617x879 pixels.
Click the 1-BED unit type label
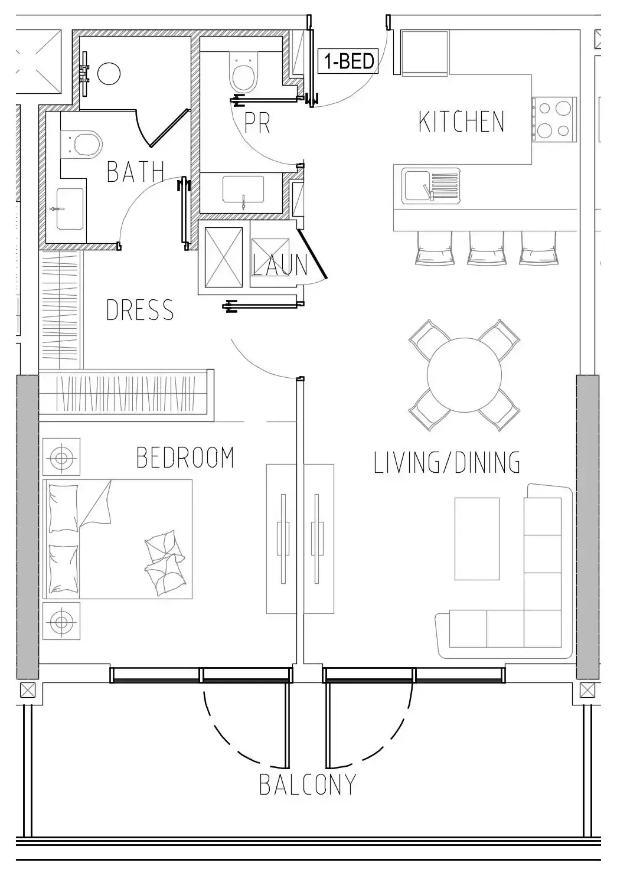(x=348, y=61)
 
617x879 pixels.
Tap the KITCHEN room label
(x=461, y=122)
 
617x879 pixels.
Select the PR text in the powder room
(x=257, y=123)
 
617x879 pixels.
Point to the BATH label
(x=135, y=171)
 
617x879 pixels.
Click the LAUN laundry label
(x=280, y=265)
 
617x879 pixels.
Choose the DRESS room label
(x=140, y=310)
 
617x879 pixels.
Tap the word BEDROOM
(x=185, y=458)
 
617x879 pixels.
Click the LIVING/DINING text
(x=447, y=462)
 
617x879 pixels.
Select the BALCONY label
(x=308, y=785)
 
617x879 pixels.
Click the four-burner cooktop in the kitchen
(x=554, y=118)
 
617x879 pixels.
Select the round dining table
(x=464, y=375)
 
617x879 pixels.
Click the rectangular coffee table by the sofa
(x=477, y=538)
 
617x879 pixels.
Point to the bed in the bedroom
(x=118, y=539)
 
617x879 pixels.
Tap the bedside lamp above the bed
(x=61, y=457)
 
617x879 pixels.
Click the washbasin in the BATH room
(x=69, y=208)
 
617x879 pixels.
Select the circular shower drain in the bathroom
(x=109, y=74)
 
